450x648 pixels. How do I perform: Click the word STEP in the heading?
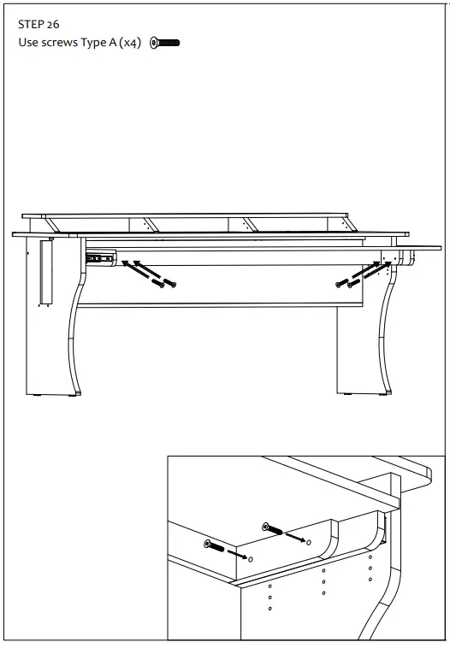pos(32,26)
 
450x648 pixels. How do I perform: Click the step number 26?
pos(53,26)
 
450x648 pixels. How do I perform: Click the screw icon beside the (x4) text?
pos(164,43)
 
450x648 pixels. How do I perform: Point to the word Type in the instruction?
pos(98,43)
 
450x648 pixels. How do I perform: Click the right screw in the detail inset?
pos(273,528)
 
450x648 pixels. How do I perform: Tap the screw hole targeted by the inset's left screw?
pos(250,558)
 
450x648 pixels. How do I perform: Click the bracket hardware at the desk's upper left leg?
pos(100,257)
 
